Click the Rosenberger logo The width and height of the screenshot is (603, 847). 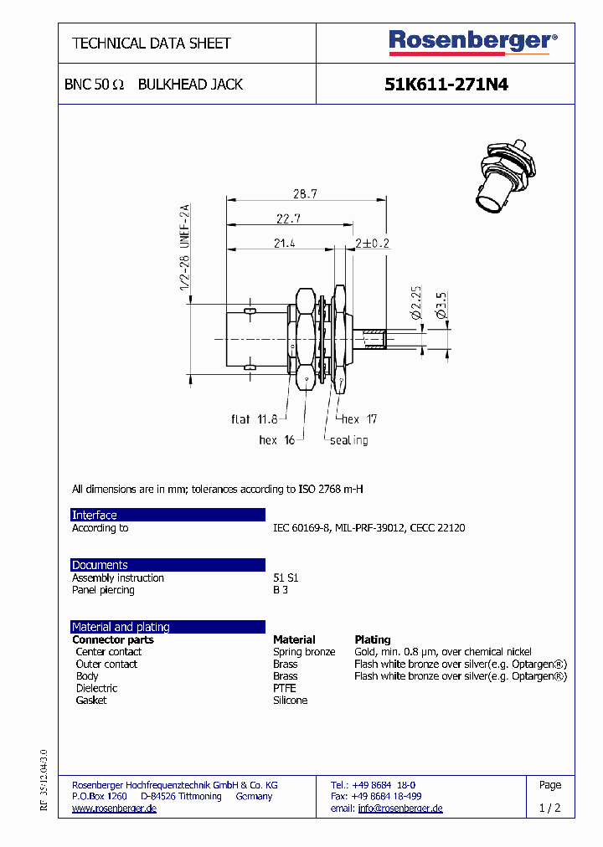point(472,41)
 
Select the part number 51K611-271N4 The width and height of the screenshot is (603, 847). point(446,85)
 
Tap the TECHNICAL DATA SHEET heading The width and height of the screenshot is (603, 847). point(152,43)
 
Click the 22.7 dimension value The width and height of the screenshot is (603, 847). point(287,218)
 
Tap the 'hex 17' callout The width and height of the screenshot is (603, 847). point(358,418)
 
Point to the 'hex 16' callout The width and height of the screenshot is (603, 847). point(277,439)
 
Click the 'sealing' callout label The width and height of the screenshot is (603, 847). point(348,439)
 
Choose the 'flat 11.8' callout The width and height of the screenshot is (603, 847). point(255,418)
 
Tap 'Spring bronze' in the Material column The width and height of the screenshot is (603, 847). point(304,652)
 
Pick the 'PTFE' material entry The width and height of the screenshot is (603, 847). point(285,688)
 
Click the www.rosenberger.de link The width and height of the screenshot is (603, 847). point(114,808)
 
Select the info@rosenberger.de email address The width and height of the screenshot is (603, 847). point(399,808)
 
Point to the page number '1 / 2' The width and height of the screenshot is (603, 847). point(549,808)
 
